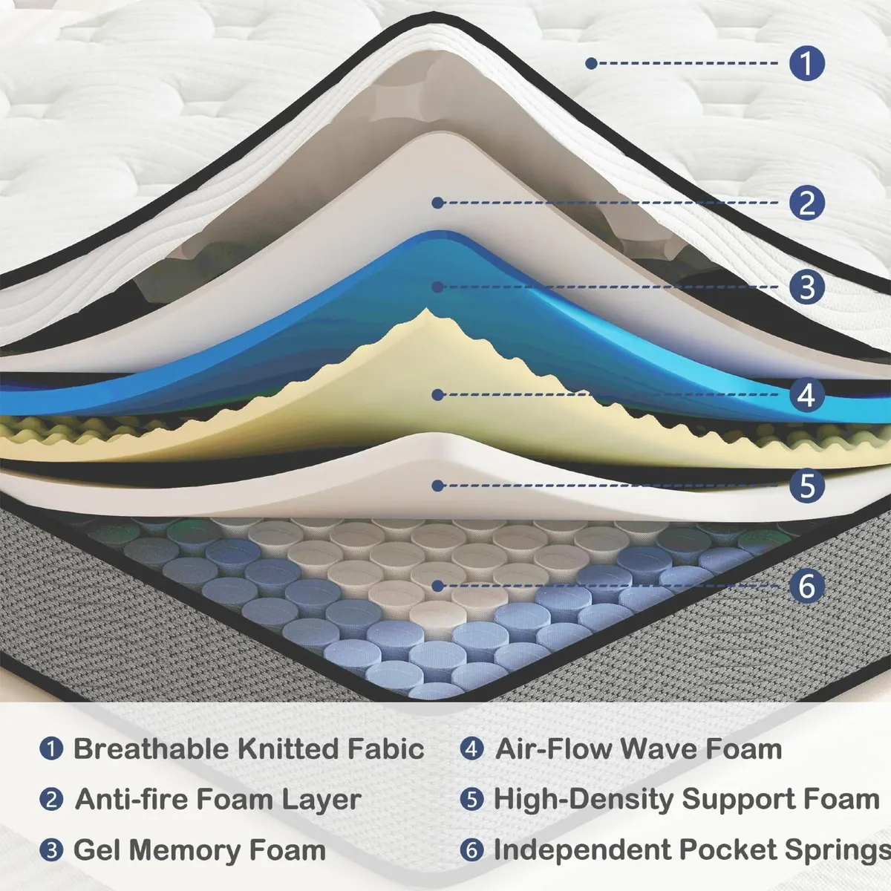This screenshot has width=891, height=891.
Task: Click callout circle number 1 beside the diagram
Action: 807,63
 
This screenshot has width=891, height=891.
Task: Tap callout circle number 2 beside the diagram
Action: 807,203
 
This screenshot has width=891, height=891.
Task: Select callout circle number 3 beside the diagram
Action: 807,287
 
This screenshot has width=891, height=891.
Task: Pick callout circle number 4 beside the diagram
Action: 807,395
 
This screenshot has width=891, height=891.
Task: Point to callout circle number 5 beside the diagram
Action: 807,486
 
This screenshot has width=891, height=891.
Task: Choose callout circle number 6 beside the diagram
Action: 807,586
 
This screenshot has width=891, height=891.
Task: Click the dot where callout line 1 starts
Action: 591,64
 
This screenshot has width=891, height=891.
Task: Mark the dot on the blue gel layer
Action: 438,287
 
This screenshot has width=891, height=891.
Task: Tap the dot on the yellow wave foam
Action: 438,396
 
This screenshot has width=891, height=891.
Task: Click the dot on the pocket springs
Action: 438,586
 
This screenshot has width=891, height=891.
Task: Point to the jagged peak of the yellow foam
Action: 426,312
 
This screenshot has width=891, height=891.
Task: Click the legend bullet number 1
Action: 50,748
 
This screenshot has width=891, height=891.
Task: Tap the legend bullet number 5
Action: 471,800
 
